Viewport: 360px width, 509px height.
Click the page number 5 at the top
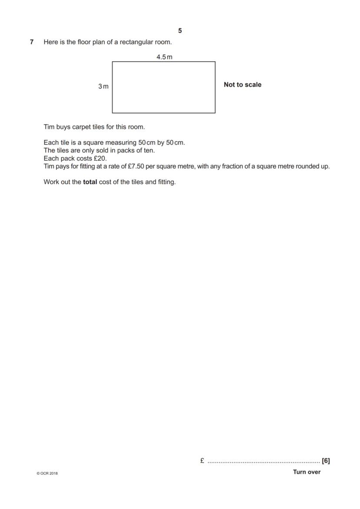coord(180,30)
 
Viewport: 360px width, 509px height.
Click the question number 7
coord(32,42)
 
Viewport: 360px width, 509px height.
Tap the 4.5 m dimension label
coord(164,57)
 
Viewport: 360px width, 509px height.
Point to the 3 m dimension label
coord(103,86)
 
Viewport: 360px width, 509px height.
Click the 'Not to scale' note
coord(242,85)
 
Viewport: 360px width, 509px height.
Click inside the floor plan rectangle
coord(163,87)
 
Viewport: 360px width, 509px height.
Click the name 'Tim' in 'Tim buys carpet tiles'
coord(49,127)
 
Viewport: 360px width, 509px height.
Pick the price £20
coord(100,159)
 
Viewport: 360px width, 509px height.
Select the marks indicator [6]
coord(326,461)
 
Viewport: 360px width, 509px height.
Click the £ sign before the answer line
coord(202,461)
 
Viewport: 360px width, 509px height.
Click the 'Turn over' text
coord(307,472)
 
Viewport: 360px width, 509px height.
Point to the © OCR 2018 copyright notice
coord(47,473)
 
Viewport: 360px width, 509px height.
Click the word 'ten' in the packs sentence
coord(149,151)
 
